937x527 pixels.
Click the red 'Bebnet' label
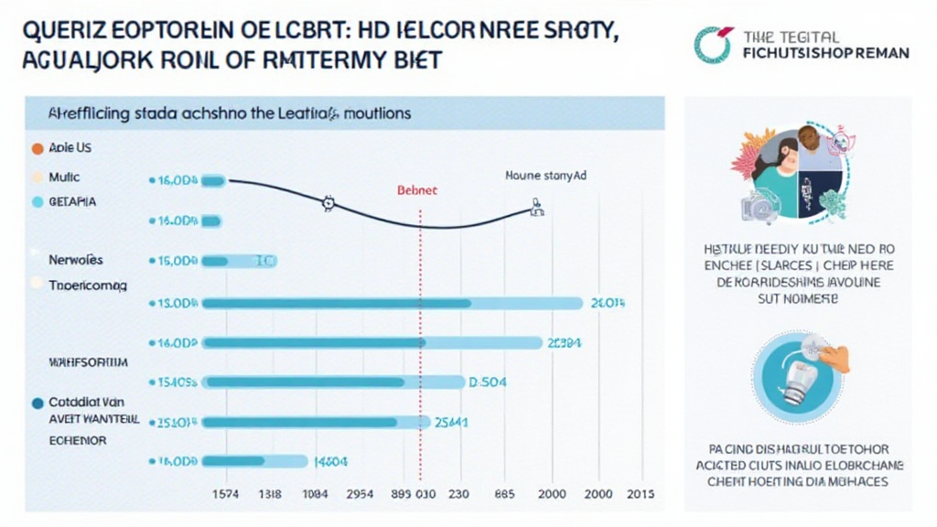click(x=416, y=190)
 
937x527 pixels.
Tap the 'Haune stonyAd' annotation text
click(x=545, y=174)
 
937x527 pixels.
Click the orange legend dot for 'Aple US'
click(x=37, y=147)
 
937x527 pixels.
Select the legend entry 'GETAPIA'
click(x=72, y=201)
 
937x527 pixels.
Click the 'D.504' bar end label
click(x=487, y=382)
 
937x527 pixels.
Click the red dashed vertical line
click(x=420, y=348)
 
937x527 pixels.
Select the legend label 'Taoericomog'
click(x=88, y=285)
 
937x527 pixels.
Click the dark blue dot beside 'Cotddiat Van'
click(x=37, y=402)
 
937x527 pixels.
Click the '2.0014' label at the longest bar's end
click(x=608, y=303)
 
